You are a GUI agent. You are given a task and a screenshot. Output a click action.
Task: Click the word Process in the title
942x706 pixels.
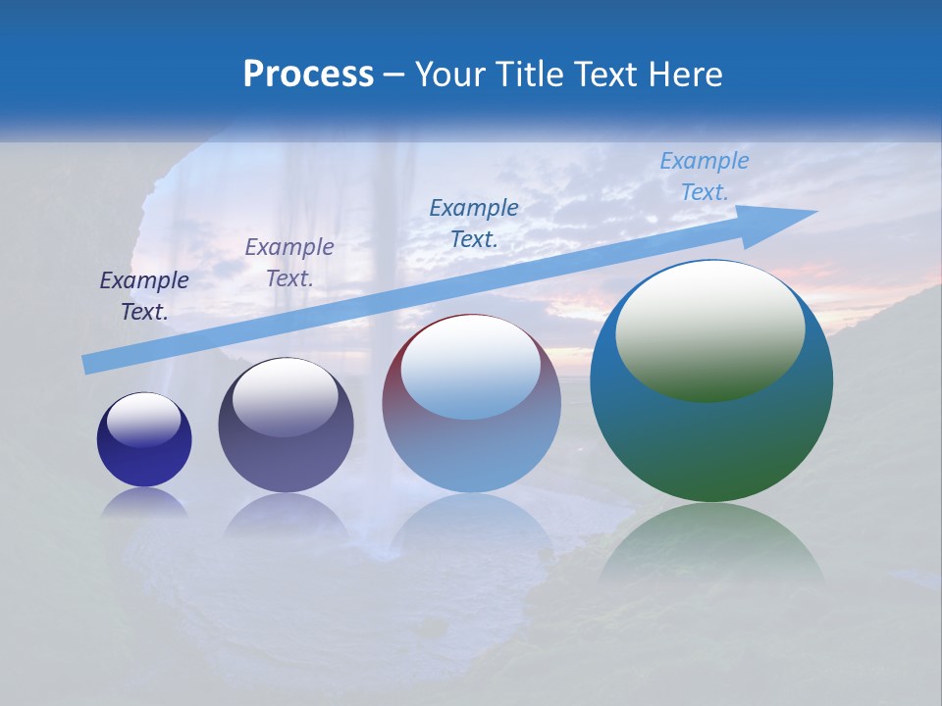pos(308,74)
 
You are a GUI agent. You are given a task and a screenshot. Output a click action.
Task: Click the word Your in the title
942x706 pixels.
pos(448,74)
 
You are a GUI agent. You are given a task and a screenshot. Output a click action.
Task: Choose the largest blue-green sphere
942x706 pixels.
pos(711,441)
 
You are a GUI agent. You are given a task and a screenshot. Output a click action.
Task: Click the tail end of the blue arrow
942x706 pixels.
pos(86,365)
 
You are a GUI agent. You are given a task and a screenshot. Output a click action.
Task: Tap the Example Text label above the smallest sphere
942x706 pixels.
pos(144,295)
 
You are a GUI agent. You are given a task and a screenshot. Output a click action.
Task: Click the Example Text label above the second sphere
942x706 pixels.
pos(289,262)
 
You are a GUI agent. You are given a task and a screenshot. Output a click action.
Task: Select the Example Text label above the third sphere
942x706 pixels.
pos(474,223)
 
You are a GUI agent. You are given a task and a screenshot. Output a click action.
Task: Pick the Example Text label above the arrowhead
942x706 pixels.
pos(705,176)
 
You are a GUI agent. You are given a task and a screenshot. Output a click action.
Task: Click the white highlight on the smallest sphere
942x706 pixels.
pos(143,419)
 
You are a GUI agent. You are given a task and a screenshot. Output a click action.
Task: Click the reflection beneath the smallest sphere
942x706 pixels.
pos(144,503)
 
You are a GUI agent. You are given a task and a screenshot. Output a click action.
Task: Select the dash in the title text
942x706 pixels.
pos(394,75)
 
